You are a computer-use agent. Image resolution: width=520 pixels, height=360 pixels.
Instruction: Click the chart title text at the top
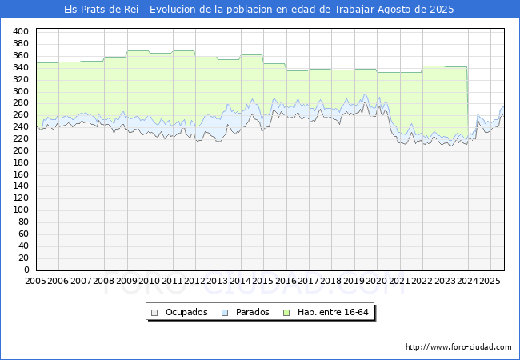[x=258, y=10]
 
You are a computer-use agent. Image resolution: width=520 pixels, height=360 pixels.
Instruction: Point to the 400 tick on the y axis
[x=21, y=31]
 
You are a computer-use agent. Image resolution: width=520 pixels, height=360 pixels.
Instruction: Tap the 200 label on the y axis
[x=21, y=151]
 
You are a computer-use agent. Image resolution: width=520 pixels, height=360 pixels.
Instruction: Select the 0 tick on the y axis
[x=26, y=270]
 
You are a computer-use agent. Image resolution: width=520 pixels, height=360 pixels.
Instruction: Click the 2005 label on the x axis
[x=35, y=281]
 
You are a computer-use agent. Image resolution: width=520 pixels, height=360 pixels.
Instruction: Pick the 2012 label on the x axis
[x=194, y=281]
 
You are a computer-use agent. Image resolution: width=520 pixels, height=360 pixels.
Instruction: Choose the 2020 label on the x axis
[x=377, y=281]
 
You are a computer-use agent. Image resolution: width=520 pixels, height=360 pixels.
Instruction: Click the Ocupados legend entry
[x=179, y=312]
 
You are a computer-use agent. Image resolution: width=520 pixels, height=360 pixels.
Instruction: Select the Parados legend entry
[x=246, y=312]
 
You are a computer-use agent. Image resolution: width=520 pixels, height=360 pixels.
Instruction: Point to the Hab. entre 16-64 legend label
[x=333, y=312]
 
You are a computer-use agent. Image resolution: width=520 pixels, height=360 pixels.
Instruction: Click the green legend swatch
[x=286, y=313]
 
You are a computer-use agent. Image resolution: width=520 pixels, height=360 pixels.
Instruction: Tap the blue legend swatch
[x=225, y=313]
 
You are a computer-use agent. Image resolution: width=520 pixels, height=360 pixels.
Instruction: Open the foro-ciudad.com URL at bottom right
[x=458, y=347]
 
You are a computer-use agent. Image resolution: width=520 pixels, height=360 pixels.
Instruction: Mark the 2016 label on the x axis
[x=286, y=281]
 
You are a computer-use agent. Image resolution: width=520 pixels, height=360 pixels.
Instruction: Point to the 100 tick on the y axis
[x=21, y=210]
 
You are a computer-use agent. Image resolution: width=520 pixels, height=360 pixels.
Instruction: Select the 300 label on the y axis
[x=21, y=91]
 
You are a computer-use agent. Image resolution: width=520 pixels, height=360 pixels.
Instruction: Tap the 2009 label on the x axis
[x=126, y=281]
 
